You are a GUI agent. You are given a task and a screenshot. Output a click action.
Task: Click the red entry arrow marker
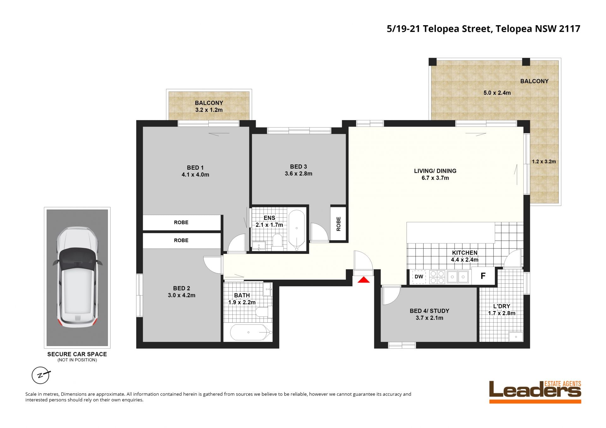[363, 280]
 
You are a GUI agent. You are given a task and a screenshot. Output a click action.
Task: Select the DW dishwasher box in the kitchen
[419, 277]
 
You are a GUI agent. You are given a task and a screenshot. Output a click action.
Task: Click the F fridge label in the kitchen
[483, 276]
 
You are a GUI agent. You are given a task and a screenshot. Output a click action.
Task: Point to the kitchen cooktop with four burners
[437, 277]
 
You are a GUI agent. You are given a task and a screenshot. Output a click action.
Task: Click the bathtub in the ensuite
[297, 230]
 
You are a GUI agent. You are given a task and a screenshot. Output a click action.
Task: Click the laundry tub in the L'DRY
[516, 337]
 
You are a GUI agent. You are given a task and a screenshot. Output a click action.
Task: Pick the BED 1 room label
[195, 167]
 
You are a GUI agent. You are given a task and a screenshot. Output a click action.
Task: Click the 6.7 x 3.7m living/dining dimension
[435, 178]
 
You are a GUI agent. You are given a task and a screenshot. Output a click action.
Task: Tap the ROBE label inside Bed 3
[339, 224]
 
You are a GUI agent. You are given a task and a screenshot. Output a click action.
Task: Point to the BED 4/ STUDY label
[429, 311]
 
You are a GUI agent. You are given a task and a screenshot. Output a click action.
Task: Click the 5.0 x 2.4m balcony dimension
[497, 93]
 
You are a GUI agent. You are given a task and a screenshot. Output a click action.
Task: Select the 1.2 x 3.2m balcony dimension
[544, 161]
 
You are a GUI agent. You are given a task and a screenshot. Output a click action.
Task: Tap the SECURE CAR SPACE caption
[77, 354]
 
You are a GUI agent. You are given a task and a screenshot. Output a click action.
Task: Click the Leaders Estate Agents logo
[535, 392]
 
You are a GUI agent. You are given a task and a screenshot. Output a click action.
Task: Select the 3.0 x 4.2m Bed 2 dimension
[181, 295]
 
